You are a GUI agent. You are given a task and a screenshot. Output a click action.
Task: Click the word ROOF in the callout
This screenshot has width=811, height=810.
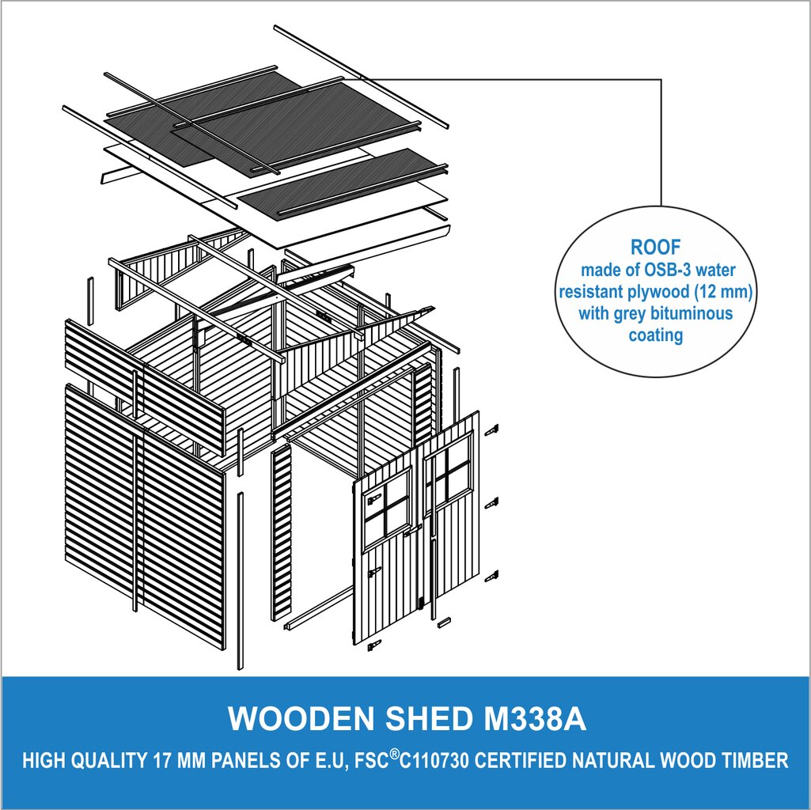pos(655,248)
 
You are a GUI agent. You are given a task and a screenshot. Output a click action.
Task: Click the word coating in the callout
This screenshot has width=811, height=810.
pos(655,335)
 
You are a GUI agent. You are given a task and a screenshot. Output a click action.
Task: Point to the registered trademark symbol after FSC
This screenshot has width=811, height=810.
pos(394,755)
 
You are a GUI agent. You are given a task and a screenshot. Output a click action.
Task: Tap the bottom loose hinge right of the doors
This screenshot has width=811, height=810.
pos(492,577)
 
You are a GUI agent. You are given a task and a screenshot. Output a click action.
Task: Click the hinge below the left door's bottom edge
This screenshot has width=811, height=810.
pos(374,645)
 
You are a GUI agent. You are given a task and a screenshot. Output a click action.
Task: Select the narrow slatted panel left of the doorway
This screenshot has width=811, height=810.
pos(282,533)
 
